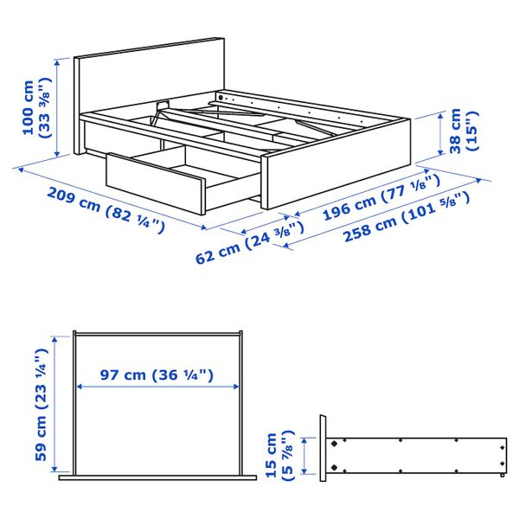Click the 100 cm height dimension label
pyautogui.click(x=36, y=108)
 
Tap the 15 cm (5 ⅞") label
pyautogui.click(x=279, y=455)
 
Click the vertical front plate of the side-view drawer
pyautogui.click(x=323, y=447)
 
